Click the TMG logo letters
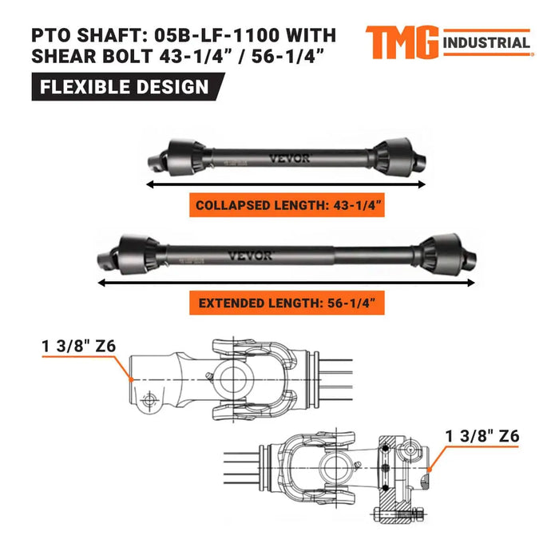coord(401,42)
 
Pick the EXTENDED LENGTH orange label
coord(287,304)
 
